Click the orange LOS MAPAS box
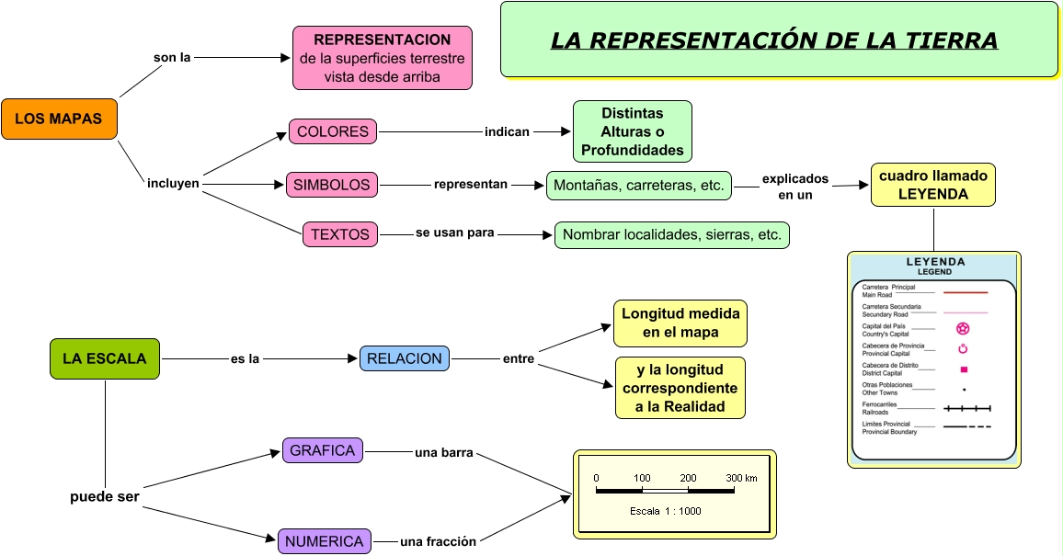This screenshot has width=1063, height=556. coord(59,119)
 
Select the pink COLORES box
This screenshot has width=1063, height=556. coord(333,131)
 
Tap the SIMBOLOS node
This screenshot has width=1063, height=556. coord(332,185)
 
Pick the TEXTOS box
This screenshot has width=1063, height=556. coord(340,234)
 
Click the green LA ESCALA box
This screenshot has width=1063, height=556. coord(105,358)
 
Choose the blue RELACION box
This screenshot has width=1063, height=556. coord(405,358)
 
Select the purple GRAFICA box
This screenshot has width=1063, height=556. coord(323,450)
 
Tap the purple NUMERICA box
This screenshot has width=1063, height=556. coord(325,541)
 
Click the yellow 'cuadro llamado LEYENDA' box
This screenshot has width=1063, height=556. coord(933,185)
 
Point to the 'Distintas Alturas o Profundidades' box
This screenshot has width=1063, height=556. coord(633,131)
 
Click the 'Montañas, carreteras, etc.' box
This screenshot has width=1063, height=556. coord(639,185)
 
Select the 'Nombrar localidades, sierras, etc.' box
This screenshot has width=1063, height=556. coord(672,234)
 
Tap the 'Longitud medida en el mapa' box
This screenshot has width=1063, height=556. coord(680,323)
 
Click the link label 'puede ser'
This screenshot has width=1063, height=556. coord(105,496)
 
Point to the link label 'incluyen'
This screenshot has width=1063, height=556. coord(173,183)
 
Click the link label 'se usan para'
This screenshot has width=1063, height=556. coord(455,233)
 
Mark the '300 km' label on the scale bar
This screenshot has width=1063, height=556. coord(741,478)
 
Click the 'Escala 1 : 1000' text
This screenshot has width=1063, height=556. coord(666,511)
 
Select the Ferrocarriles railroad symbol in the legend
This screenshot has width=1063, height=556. coord(967,408)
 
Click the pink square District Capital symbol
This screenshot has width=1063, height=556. coord(964,369)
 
